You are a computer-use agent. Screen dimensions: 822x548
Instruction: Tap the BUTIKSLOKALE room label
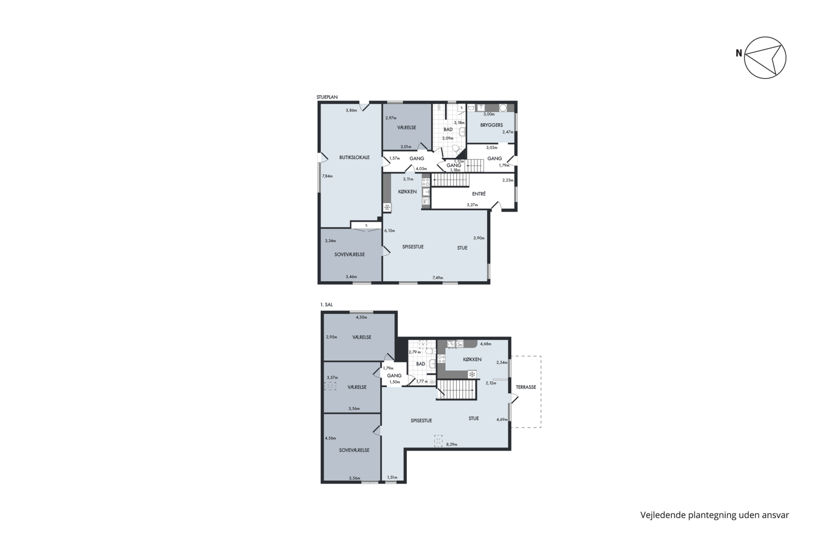point(354,157)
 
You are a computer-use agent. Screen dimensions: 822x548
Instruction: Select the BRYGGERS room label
point(491,125)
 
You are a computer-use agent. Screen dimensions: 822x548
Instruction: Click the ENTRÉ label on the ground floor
point(478,194)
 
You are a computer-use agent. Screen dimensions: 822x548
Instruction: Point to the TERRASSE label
point(526,387)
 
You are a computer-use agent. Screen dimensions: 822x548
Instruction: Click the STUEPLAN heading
point(327,97)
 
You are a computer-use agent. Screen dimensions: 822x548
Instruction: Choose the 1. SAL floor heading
point(326,304)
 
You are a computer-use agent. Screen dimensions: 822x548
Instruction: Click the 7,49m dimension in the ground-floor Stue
point(437,278)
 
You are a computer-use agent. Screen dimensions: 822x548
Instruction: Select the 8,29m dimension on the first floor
point(452,444)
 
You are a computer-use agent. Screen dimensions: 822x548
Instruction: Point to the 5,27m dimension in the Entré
point(472,205)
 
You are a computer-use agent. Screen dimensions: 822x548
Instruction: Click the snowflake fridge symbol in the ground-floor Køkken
point(387,208)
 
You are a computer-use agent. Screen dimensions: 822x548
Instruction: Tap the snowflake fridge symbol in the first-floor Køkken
point(472,375)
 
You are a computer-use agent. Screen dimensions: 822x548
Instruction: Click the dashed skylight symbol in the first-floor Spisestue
point(438,441)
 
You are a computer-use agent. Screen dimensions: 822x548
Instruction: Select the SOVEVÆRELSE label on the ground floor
point(349,254)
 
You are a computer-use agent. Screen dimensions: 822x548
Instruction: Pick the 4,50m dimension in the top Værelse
point(361,318)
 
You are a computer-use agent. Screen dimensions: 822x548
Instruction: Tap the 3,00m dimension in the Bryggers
point(489,114)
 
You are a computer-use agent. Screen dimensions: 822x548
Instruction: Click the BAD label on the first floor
point(421,364)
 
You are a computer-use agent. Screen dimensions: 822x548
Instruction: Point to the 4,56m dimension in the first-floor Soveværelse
point(330,438)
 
